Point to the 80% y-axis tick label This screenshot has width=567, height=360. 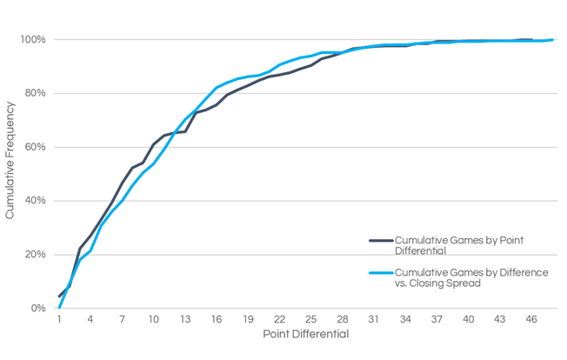[34, 94]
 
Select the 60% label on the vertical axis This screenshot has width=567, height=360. [34, 147]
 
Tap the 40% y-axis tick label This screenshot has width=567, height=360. [34, 201]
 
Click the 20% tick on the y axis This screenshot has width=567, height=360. [34, 255]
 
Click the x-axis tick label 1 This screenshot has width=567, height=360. [59, 320]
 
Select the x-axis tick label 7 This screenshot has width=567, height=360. [122, 320]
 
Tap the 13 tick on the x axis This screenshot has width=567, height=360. [185, 320]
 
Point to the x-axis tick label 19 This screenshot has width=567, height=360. [249, 320]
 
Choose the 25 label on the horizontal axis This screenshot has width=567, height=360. [311, 320]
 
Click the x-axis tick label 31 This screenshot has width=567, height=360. [375, 320]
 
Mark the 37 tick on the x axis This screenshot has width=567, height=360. [437, 320]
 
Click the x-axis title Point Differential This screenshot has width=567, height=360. [305, 335]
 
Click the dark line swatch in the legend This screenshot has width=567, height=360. [380, 239]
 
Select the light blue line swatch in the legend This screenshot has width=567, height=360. [380, 272]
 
